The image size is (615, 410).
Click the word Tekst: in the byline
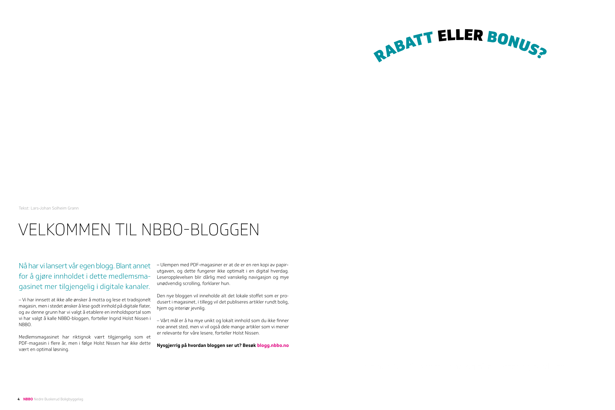[24, 208]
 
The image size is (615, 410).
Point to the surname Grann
[73, 208]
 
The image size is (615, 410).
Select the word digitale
[111, 287]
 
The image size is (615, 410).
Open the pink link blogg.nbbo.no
[273, 345]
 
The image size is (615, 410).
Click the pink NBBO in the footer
[28, 399]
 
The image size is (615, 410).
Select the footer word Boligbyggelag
[72, 399]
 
